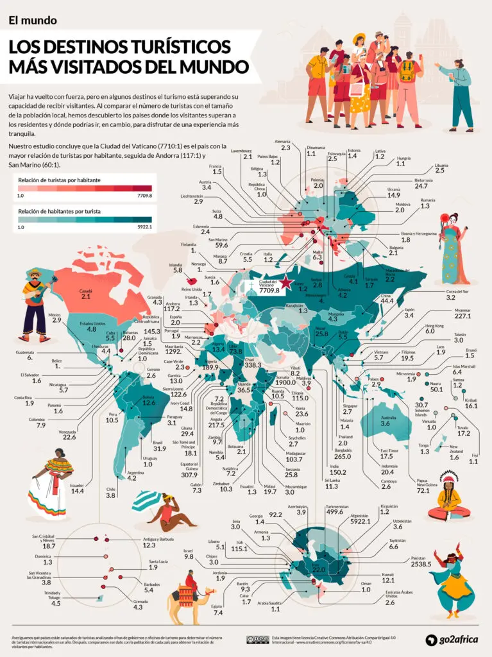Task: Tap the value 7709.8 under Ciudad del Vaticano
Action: point(267,289)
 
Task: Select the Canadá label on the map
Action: point(86,291)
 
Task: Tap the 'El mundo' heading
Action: point(33,20)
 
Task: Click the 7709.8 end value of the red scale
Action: point(144,196)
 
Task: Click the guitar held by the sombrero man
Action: point(37,294)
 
